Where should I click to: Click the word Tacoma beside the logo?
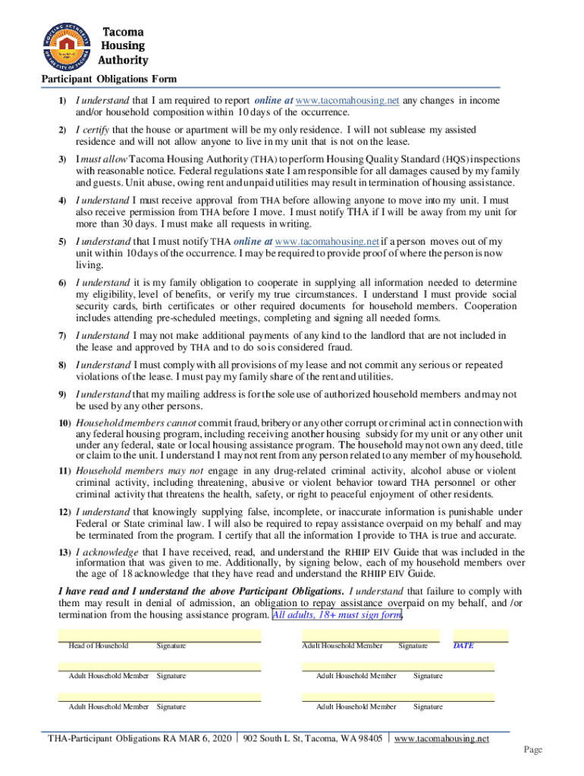[123, 33]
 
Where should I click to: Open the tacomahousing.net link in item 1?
[347, 101]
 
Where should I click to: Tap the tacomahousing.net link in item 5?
[327, 242]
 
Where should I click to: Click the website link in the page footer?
[442, 738]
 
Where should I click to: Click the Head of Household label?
[98, 646]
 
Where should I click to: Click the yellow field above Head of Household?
[159, 634]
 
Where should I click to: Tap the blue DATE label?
[463, 646]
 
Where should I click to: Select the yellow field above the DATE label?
[480, 634]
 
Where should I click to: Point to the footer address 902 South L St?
[312, 738]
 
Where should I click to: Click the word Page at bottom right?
[533, 749]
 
